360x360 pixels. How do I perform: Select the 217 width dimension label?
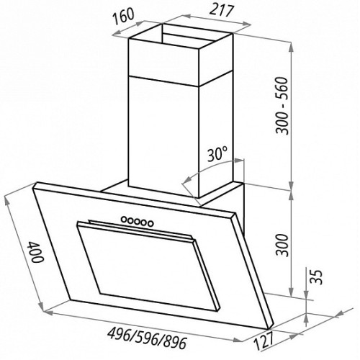click(221, 11)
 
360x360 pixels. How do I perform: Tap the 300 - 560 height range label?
click(282, 106)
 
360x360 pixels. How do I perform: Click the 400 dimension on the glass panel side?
click(36, 253)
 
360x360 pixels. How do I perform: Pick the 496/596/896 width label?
click(147, 339)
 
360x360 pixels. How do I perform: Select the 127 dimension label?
click(264, 341)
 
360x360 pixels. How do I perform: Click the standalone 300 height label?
click(282, 246)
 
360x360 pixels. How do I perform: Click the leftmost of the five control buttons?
click(124, 219)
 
